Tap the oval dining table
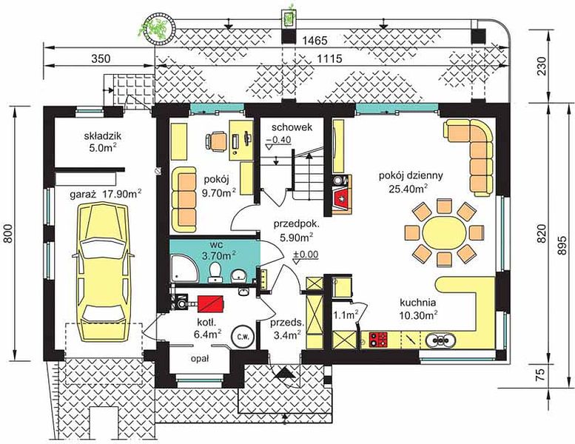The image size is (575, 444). coord(444,232)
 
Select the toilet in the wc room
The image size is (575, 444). coord(215,274)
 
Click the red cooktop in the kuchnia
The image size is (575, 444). coord(378,339)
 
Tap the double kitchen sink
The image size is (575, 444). coord(440,340)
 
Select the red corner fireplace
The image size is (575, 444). coord(341,199)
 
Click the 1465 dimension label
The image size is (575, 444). coord(315,41)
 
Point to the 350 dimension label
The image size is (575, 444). coord(100,58)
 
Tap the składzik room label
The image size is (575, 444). coord(102,136)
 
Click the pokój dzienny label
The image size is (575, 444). coord(411,175)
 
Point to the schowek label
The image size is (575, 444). coord(292,127)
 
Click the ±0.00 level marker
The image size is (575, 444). coord(306,255)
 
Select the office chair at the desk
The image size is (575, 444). coord(216,141)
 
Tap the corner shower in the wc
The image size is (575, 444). coord(185,269)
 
